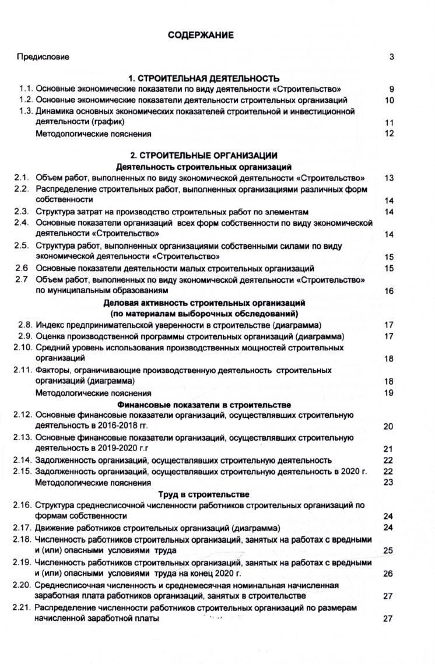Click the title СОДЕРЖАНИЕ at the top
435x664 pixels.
201,36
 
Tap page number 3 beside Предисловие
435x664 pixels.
392,57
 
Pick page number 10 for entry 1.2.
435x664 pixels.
390,100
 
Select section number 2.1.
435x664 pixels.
22,178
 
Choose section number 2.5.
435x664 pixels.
22,245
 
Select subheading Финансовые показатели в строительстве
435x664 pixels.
204,405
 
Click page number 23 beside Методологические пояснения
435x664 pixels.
389,482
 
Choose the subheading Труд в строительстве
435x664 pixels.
204,494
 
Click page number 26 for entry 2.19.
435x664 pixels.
389,574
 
